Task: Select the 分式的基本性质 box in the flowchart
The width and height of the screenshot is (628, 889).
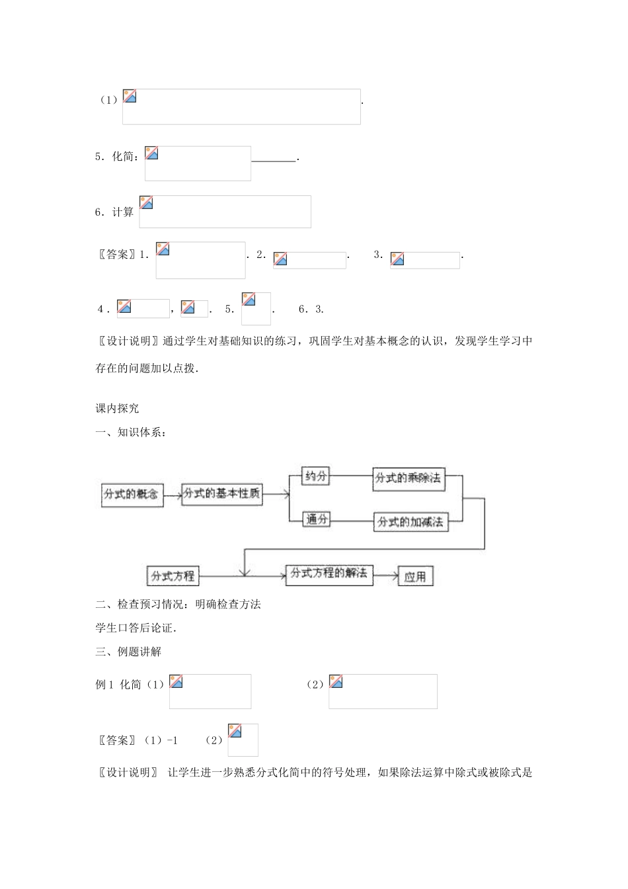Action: pos(221,493)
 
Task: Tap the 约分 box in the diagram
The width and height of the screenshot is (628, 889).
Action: pos(315,476)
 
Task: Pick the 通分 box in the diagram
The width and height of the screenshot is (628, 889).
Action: pos(316,520)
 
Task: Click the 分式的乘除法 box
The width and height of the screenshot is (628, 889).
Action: pos(408,478)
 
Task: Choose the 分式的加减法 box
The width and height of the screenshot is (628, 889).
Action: pos(410,522)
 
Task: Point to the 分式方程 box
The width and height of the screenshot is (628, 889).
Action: pos(173,575)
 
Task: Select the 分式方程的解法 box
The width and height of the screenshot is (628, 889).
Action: pos(329,573)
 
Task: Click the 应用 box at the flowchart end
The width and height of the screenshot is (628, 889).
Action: pos(415,577)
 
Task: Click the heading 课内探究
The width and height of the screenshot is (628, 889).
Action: pos(118,409)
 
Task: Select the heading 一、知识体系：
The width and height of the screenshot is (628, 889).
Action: pos(131,433)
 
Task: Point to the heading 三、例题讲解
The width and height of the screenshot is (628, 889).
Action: pos(128,652)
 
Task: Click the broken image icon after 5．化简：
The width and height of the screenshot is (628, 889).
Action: pos(152,153)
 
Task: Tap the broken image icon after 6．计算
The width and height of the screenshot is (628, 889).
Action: pos(147,203)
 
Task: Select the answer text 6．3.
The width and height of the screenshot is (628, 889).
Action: pos(311,310)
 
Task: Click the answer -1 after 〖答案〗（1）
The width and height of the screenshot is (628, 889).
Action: pos(171,740)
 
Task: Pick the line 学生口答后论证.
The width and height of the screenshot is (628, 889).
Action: pos(136,628)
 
